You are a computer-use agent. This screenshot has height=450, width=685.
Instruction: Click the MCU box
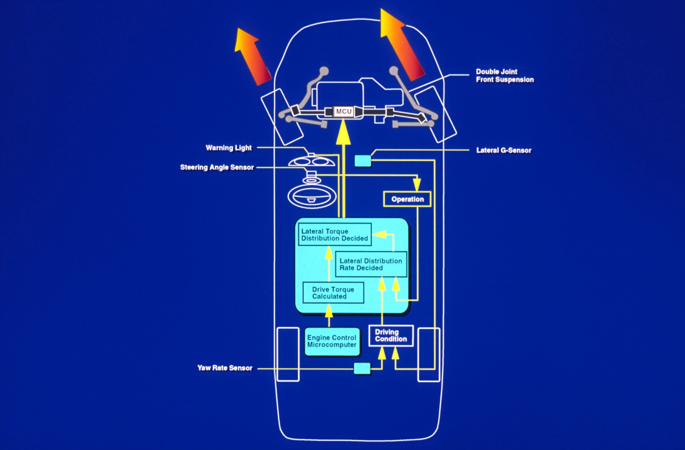(344, 112)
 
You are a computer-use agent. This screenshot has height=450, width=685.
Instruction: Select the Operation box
(407, 199)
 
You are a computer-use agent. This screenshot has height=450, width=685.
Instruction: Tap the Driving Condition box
(391, 336)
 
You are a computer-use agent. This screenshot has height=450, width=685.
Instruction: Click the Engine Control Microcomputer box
(332, 341)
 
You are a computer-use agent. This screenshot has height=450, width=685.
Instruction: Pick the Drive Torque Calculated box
(333, 293)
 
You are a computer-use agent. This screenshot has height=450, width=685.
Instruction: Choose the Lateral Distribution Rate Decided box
(371, 264)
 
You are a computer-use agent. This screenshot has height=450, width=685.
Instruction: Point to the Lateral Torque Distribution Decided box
(334, 235)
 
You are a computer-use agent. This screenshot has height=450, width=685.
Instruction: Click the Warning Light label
(228, 148)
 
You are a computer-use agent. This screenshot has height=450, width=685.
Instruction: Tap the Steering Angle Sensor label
(217, 167)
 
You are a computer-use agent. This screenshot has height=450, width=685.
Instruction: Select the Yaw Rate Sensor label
(225, 368)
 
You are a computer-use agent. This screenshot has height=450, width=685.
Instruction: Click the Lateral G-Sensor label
(503, 150)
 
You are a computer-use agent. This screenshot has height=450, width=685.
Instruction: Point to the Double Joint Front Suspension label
(504, 76)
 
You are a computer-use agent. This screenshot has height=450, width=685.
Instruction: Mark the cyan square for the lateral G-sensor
(363, 161)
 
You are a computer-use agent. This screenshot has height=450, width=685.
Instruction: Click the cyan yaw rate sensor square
(362, 368)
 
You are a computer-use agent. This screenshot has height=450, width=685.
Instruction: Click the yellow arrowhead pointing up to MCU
(343, 133)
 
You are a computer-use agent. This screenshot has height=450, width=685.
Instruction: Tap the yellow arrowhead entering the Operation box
(417, 185)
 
